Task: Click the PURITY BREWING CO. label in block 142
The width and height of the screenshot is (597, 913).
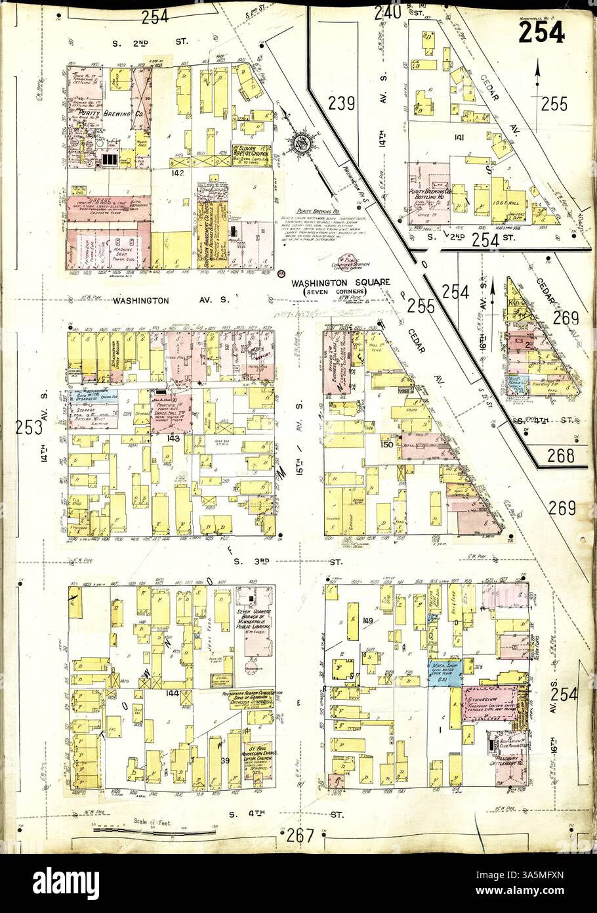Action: (100, 114)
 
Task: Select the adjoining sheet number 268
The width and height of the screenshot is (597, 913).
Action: (563, 456)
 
